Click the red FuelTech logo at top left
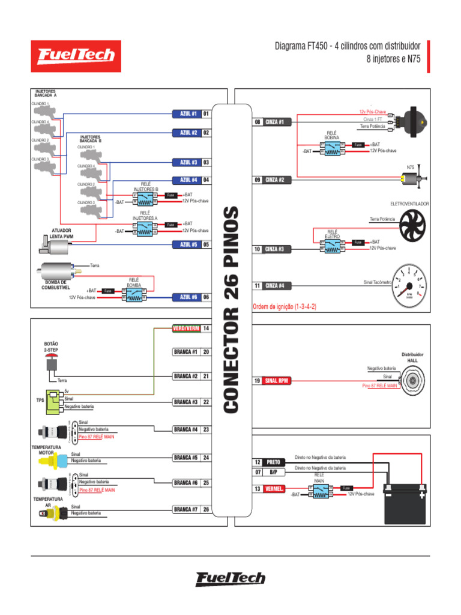tap(76, 56)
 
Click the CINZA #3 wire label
tap(278, 249)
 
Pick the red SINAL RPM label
tap(281, 381)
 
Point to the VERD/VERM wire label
tap(185, 329)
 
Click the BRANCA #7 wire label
tap(185, 510)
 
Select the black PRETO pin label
tap(273, 462)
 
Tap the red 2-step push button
tap(51, 363)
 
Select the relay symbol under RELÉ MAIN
tap(319, 492)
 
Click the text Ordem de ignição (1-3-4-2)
tap(285, 306)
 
